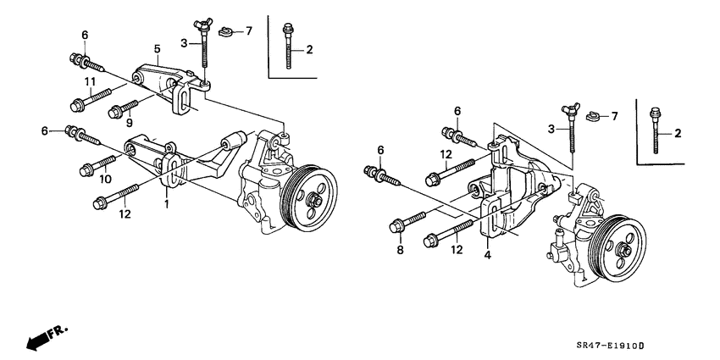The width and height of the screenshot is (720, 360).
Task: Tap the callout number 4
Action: [x=489, y=253]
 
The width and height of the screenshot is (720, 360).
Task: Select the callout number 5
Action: [x=157, y=49]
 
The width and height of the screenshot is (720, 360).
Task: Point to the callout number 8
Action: [x=400, y=251]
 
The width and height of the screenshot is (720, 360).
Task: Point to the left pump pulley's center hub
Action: [x=313, y=200]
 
